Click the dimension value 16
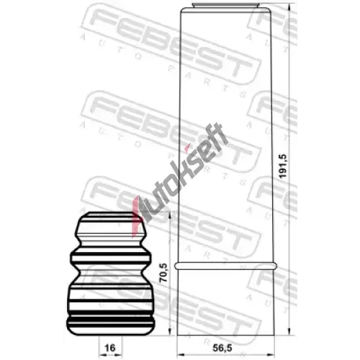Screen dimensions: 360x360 click(x=110, y=348)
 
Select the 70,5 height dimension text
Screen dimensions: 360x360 click(x=164, y=272)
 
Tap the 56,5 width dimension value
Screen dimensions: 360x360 click(x=222, y=348)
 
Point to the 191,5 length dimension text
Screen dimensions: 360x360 click(x=283, y=166)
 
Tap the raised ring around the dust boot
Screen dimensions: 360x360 click(x=225, y=266)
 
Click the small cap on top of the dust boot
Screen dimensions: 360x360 click(x=226, y=5)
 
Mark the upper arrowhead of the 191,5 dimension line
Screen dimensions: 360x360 click(x=289, y=7)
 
